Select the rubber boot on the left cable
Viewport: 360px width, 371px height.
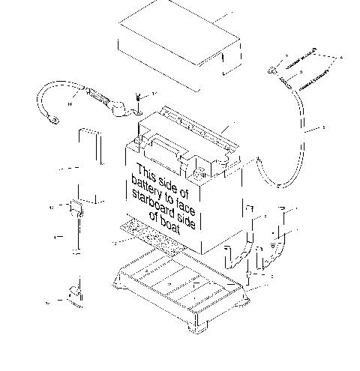(x=118, y=107)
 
